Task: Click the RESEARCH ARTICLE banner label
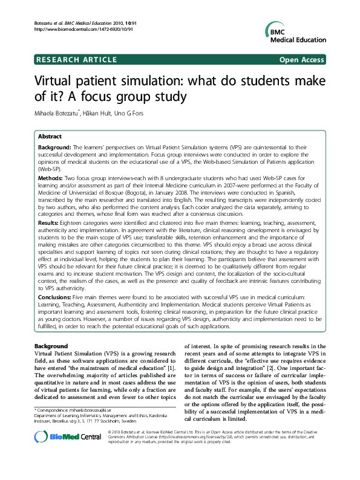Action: pos(77,60)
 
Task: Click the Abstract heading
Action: pos(50,137)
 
